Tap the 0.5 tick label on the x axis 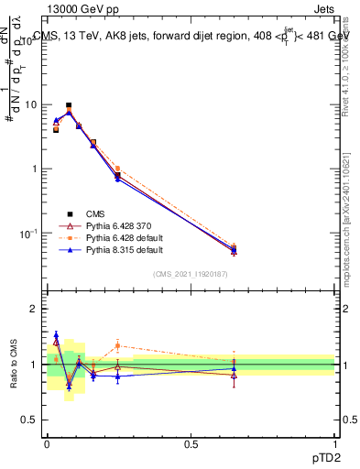[191, 442]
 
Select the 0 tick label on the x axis [47, 442]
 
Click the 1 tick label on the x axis [334, 442]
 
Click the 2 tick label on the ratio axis [36, 309]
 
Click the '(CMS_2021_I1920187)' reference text [191, 274]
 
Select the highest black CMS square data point [69, 106]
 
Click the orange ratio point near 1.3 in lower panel [117, 345]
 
